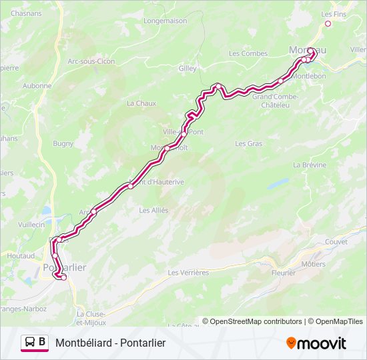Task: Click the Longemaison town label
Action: pyautogui.click(x=164, y=21)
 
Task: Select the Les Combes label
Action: pyautogui.click(x=248, y=53)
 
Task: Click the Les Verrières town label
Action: pyautogui.click(x=188, y=272)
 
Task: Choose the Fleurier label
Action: pyautogui.click(x=284, y=272)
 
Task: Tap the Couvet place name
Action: pyautogui.click(x=337, y=242)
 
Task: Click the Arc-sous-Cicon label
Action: pyautogui.click(x=91, y=61)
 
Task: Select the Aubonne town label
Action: pyautogui.click(x=37, y=85)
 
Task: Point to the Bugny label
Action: pyautogui.click(x=63, y=143)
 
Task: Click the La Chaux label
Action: pyautogui.click(x=141, y=103)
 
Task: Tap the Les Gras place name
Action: pyautogui.click(x=249, y=143)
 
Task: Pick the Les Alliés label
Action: pyautogui.click(x=153, y=210)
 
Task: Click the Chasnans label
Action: pyautogui.click(x=26, y=13)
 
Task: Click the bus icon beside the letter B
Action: pyautogui.click(x=30, y=343)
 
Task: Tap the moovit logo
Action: pyautogui.click(x=316, y=343)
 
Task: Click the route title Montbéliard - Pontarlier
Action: pyautogui.click(x=110, y=343)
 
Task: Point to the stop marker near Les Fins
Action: pyautogui.click(x=328, y=24)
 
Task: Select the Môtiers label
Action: pyautogui.click(x=313, y=264)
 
